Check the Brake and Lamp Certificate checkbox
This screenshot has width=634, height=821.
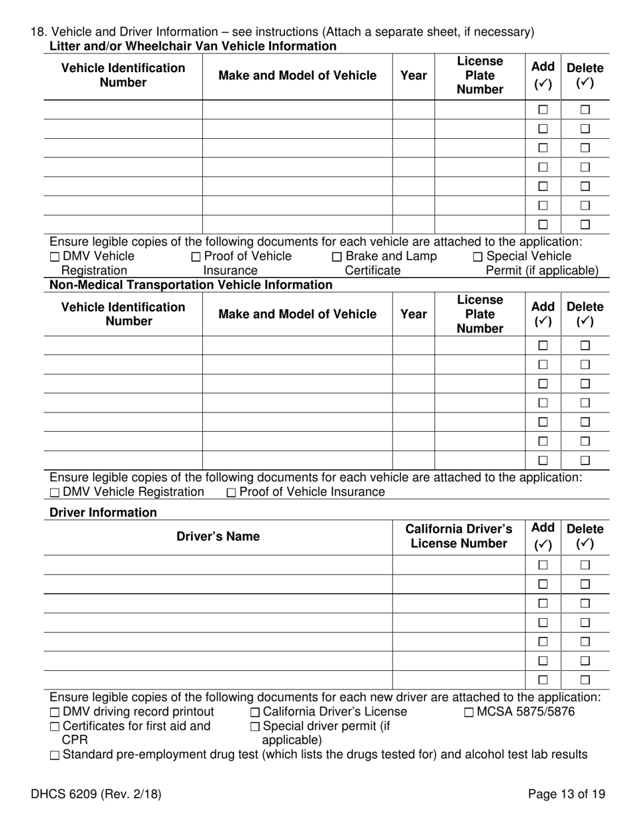(337, 257)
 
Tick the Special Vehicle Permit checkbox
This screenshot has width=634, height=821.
(478, 257)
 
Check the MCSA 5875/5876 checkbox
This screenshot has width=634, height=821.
(468, 713)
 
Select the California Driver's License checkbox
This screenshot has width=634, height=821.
(255, 713)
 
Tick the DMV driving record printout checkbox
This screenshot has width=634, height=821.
(55, 713)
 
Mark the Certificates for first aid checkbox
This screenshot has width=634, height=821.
(55, 727)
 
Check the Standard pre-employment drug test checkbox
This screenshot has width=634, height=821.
(55, 756)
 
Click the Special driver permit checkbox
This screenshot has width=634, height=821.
(255, 727)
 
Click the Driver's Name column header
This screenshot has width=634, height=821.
(218, 537)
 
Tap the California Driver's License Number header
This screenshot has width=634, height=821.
(459, 537)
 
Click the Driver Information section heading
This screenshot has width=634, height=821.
(103, 513)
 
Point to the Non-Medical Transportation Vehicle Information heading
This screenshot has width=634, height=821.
(191, 285)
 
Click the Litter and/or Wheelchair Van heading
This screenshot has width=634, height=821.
(193, 46)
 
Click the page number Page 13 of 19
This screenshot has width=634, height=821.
(567, 794)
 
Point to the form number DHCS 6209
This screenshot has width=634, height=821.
(95, 794)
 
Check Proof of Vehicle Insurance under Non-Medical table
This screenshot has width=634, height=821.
(232, 493)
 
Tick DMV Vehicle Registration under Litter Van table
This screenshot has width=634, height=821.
(55, 257)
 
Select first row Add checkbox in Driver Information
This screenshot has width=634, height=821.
(543, 565)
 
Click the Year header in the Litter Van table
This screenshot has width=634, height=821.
(414, 75)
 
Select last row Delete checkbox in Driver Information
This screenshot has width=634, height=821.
(585, 680)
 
